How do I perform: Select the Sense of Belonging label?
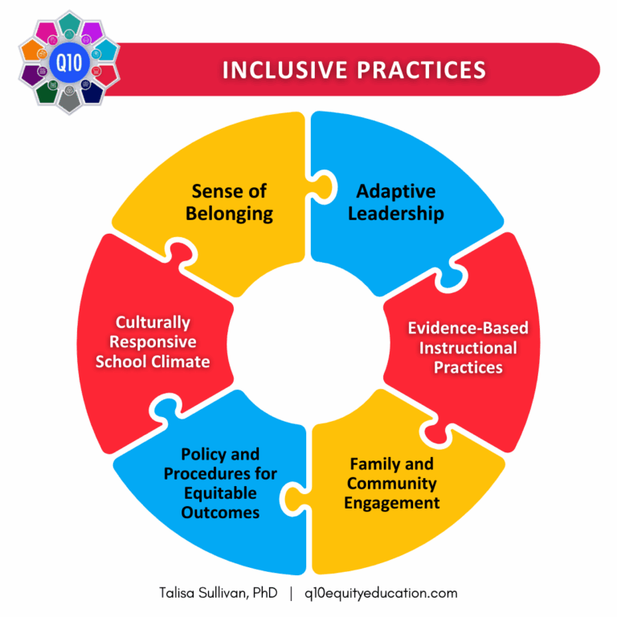(x=229, y=202)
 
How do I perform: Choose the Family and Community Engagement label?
(x=392, y=484)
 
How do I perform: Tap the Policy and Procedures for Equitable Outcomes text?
(x=220, y=484)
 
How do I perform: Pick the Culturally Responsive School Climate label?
(x=153, y=342)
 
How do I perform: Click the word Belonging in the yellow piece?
(x=229, y=214)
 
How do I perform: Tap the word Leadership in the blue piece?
(x=400, y=214)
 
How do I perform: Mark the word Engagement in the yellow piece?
(x=392, y=503)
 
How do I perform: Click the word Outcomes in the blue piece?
(x=220, y=512)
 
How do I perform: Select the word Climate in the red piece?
(x=182, y=362)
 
